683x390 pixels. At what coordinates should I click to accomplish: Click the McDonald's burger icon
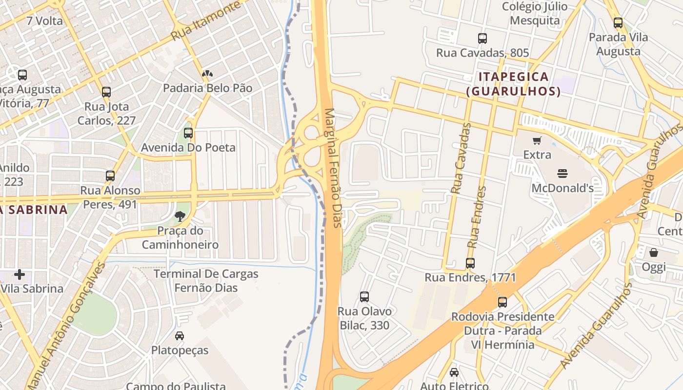(562, 173)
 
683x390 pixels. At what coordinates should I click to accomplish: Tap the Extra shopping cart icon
(537, 141)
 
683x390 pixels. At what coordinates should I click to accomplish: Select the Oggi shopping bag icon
(653, 253)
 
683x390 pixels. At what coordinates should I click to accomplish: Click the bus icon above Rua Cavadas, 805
(482, 38)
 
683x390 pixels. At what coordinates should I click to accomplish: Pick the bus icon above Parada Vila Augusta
(618, 22)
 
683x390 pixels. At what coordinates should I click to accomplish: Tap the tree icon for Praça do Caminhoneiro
(180, 216)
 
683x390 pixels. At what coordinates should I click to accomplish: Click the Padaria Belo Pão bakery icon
(207, 74)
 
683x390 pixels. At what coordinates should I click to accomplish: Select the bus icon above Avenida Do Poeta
(188, 133)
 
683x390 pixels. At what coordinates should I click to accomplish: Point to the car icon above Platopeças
(180, 336)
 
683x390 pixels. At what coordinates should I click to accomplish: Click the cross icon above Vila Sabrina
(20, 274)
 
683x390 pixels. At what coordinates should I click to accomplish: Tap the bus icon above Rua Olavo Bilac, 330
(364, 296)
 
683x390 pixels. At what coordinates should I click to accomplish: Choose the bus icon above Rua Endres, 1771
(470, 263)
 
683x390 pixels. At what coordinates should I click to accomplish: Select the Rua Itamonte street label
(206, 21)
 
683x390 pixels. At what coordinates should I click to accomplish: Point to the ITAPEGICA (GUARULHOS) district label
(513, 84)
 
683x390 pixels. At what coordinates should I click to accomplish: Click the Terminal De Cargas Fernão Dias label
(206, 281)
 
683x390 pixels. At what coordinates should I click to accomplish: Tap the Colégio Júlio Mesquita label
(535, 14)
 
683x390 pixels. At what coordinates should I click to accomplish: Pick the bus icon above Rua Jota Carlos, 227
(106, 92)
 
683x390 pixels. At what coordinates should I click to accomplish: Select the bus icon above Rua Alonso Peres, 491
(110, 176)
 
